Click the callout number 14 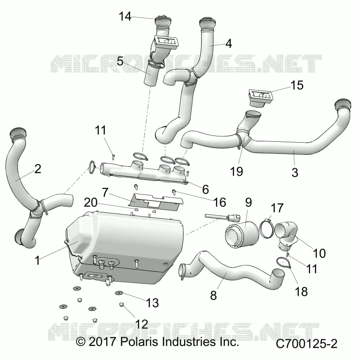(125, 17)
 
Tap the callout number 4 (229, 43)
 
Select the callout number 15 (297, 85)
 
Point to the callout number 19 (237, 171)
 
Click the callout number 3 (295, 173)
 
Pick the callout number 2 (37, 169)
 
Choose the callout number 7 (105, 192)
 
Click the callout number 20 (91, 202)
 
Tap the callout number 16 (220, 202)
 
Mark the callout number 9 (248, 202)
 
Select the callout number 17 (277, 208)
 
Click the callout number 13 (153, 303)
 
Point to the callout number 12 (142, 324)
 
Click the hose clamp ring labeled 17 (261, 229)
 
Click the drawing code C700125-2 (306, 344)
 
